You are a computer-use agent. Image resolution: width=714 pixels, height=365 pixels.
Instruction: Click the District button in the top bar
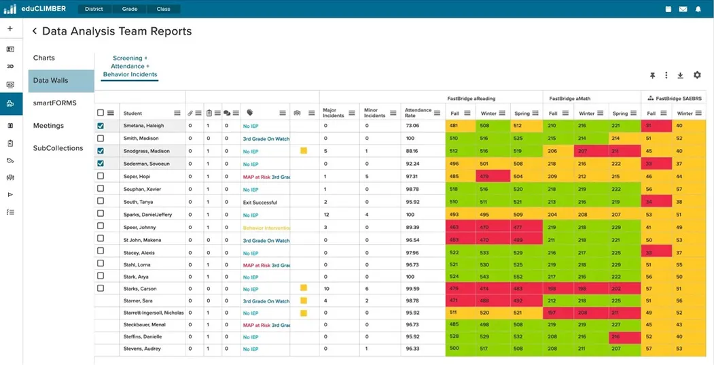pyautogui.click(x=94, y=10)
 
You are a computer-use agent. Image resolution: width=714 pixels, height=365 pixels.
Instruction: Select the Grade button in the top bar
pyautogui.click(x=130, y=10)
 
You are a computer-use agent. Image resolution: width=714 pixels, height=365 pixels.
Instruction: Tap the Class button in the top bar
pyautogui.click(x=163, y=10)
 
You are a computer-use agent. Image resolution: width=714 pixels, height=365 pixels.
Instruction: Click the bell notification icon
pyautogui.click(x=698, y=10)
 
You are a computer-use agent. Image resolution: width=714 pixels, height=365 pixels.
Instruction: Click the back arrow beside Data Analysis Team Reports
pyautogui.click(x=35, y=31)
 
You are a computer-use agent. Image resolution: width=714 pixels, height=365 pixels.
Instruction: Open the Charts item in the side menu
pyautogui.click(x=44, y=58)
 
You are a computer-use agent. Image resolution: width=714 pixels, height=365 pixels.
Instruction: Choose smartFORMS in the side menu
pyautogui.click(x=54, y=103)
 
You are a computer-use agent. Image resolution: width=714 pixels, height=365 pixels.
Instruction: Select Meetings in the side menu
pyautogui.click(x=48, y=126)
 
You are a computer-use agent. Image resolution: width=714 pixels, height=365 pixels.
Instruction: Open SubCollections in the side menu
pyautogui.click(x=58, y=148)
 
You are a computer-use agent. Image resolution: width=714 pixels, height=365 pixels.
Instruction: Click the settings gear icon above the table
pyautogui.click(x=697, y=75)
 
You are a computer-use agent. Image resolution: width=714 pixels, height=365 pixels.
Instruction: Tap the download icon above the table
pyautogui.click(x=681, y=75)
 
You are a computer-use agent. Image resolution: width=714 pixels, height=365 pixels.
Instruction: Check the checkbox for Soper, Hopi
pyautogui.click(x=101, y=176)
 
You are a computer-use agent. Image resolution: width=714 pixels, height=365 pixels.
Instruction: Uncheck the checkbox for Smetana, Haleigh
pyautogui.click(x=101, y=126)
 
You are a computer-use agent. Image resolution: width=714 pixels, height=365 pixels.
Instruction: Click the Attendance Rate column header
pyautogui.click(x=418, y=113)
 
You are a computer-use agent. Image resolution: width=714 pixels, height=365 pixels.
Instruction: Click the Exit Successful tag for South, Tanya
pyautogui.click(x=261, y=202)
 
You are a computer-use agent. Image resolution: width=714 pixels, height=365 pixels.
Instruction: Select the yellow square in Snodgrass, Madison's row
pyautogui.click(x=304, y=151)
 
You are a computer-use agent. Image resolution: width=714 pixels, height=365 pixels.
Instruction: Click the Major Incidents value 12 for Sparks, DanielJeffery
pyautogui.click(x=327, y=214)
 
